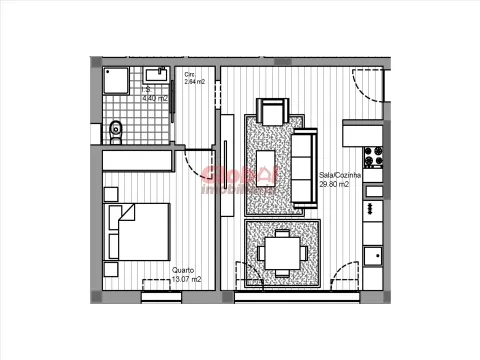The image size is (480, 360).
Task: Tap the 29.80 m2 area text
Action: click(x=334, y=184)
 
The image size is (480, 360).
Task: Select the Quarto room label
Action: click(x=183, y=270)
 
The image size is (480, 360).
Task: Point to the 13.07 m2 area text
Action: click(x=186, y=280)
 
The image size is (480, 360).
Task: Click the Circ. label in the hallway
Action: click(x=191, y=74)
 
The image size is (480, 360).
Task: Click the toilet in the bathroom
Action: click(x=115, y=128)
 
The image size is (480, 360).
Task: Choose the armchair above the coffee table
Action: click(x=272, y=112)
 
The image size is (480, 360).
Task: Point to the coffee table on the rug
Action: click(x=267, y=164)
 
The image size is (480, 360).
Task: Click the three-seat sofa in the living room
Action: click(x=303, y=167)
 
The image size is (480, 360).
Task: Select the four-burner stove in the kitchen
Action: click(x=374, y=158)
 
